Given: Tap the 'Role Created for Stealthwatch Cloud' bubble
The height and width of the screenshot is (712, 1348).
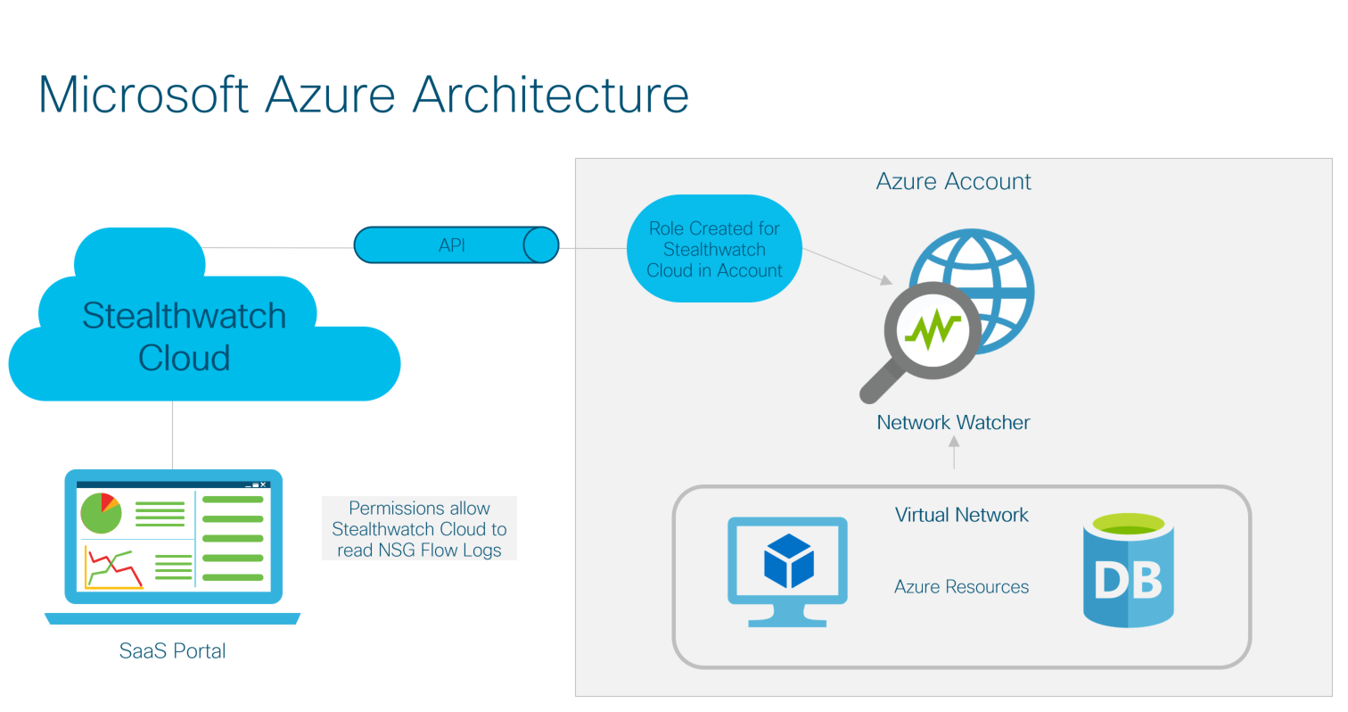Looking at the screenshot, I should (714, 249).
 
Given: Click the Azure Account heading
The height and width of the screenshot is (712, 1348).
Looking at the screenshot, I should (953, 181).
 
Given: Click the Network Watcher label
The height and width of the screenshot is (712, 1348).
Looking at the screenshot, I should (953, 422).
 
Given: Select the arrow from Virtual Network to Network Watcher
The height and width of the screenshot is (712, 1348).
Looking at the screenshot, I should (954, 455).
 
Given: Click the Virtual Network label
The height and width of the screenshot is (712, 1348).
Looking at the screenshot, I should (961, 515).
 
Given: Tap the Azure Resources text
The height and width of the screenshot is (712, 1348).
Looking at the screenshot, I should (961, 587).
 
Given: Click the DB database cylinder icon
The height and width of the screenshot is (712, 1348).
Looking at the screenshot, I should (1128, 571).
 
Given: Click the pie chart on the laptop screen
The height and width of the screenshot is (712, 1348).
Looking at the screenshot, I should (100, 512).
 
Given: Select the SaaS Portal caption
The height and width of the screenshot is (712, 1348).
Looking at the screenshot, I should (172, 651).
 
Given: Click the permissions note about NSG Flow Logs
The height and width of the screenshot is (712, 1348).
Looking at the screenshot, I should (419, 528).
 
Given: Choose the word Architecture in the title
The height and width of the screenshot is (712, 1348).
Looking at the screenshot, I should (550, 94).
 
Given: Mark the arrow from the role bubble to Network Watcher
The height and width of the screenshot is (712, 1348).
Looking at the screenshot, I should (847, 267).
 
